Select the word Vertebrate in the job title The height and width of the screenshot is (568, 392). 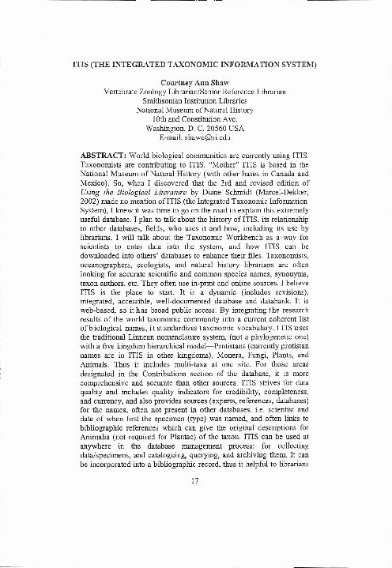coord(125,92)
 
